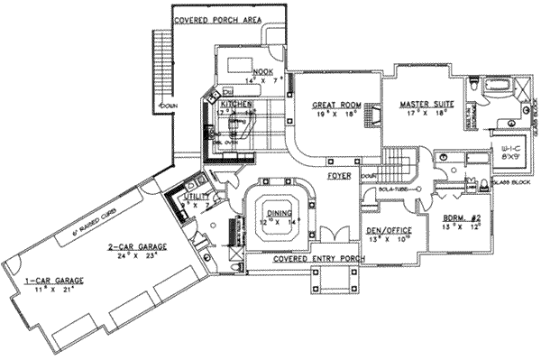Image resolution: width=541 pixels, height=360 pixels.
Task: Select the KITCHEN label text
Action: tap(235, 104)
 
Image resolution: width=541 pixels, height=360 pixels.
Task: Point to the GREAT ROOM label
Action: tap(332, 106)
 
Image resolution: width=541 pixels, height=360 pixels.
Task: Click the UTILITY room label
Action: tap(197, 195)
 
